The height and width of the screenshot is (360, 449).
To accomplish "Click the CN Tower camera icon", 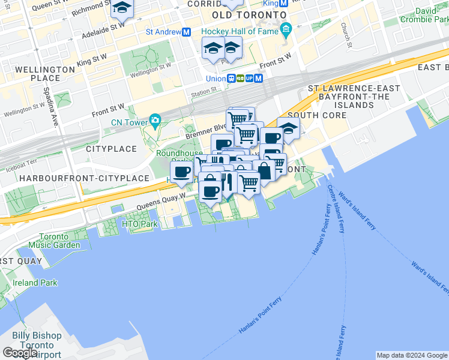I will (156, 120).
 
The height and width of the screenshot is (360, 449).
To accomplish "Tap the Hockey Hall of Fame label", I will (240, 31).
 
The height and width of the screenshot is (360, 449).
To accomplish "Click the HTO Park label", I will (139, 224).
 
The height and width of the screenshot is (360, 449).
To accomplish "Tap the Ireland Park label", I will (32, 283).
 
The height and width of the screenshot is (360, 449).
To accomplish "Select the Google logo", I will (20, 353).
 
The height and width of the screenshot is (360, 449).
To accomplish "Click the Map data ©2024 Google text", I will (411, 355).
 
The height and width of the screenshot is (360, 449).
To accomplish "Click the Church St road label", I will (345, 36).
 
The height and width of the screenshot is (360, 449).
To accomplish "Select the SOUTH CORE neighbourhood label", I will (317, 115).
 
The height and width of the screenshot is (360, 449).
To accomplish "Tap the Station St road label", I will (204, 91).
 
